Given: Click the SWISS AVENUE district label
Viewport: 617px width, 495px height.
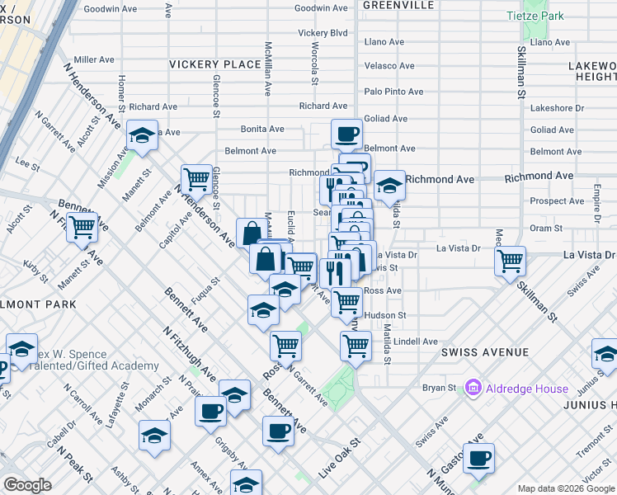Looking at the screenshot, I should point(484,352).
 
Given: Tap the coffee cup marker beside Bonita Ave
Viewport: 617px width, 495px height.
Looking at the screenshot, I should point(346,133).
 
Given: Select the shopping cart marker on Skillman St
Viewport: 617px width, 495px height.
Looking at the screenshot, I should point(511,261).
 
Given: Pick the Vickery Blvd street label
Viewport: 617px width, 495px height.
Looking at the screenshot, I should point(323,33).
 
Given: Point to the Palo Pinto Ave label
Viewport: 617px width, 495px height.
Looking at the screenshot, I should point(393,92).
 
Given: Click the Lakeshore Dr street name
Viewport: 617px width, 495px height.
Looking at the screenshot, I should point(557,107).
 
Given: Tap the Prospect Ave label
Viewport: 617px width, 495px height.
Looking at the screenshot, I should point(558,200).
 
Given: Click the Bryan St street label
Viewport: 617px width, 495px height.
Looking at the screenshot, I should point(440,387).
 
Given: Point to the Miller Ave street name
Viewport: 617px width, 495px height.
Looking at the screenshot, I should point(94,59).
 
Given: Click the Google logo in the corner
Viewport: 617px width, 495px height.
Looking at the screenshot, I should point(27,485).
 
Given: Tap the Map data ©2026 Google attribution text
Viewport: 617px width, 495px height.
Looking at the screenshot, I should point(566,488).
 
